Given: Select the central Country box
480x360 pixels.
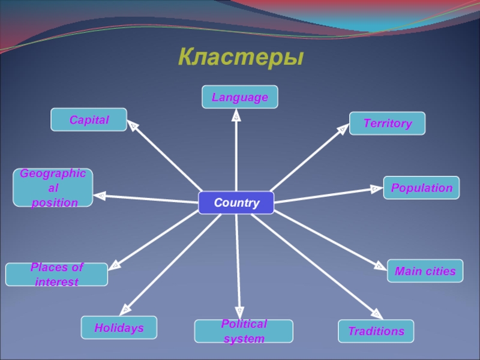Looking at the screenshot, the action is [x=236, y=203].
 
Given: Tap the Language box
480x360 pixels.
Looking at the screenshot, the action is [x=239, y=97].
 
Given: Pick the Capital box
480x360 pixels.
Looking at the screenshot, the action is [x=89, y=119].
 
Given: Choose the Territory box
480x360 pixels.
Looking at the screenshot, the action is [x=387, y=123].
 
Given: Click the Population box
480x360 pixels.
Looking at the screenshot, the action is [x=421, y=188].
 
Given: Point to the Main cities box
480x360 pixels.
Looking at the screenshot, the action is [x=425, y=271].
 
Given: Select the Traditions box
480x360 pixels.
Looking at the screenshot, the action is [x=376, y=331].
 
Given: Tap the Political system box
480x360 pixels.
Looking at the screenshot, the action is [x=244, y=331].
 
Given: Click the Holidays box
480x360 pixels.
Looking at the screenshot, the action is [x=119, y=328].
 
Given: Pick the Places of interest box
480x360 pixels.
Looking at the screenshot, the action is [x=56, y=274].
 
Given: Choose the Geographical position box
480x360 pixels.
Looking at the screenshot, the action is [x=53, y=188].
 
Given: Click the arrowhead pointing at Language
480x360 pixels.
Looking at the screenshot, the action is [x=236, y=115].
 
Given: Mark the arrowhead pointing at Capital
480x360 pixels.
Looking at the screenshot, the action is [x=133, y=127].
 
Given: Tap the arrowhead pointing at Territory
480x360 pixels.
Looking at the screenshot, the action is [x=343, y=128].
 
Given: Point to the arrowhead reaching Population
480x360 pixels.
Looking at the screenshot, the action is [x=376, y=189].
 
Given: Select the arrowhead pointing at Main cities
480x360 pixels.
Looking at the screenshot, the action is [x=380, y=266].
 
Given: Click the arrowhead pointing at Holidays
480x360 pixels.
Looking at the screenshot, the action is [x=125, y=310].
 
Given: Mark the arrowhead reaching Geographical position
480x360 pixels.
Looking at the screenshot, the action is [x=101, y=195].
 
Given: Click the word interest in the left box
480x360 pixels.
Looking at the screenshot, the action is [x=56, y=282].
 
